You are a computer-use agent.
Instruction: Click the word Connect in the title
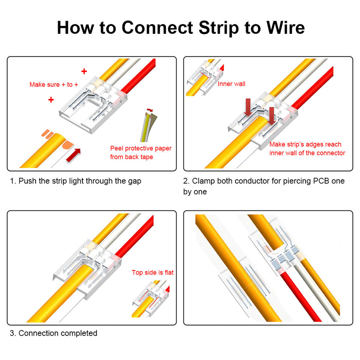pos(157,28)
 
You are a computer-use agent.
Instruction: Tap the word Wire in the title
pos(285,28)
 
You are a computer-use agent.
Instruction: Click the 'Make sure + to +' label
pos(54,84)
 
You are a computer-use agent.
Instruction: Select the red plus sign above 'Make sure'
pos(84,71)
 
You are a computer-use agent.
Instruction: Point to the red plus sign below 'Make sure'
pos(51,100)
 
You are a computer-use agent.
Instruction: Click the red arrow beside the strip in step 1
pos(73,155)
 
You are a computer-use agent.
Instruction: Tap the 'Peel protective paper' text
pos(141,148)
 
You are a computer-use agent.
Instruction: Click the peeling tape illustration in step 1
pos(148,125)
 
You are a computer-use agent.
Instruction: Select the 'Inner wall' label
pos(231,84)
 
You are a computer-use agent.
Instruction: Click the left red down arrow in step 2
pos(248,107)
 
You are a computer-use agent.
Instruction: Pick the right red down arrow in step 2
pos(271,116)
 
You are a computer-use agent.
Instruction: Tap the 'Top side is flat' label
pos(153,272)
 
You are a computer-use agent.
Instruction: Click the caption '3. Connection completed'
pos(54,333)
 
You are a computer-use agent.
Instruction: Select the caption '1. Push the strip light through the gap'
pos(75,181)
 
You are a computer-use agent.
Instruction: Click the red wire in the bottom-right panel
pos(301,296)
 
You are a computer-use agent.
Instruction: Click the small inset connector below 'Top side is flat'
pos(151,299)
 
